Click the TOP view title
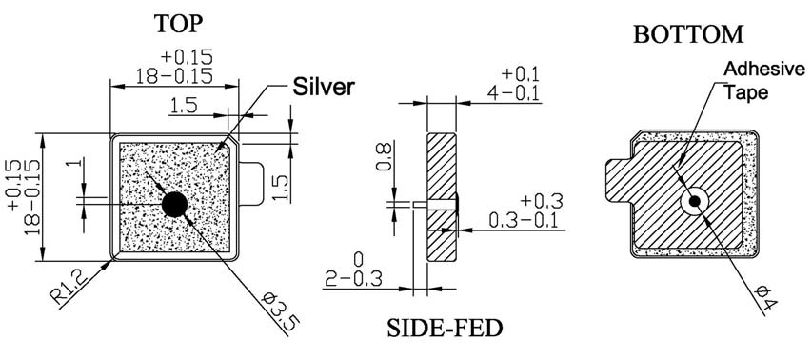[x=178, y=23]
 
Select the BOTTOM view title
[x=688, y=34]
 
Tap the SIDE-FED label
[x=445, y=328]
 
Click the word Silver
[x=324, y=87]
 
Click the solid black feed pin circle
[x=174, y=205]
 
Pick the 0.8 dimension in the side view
[x=385, y=157]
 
